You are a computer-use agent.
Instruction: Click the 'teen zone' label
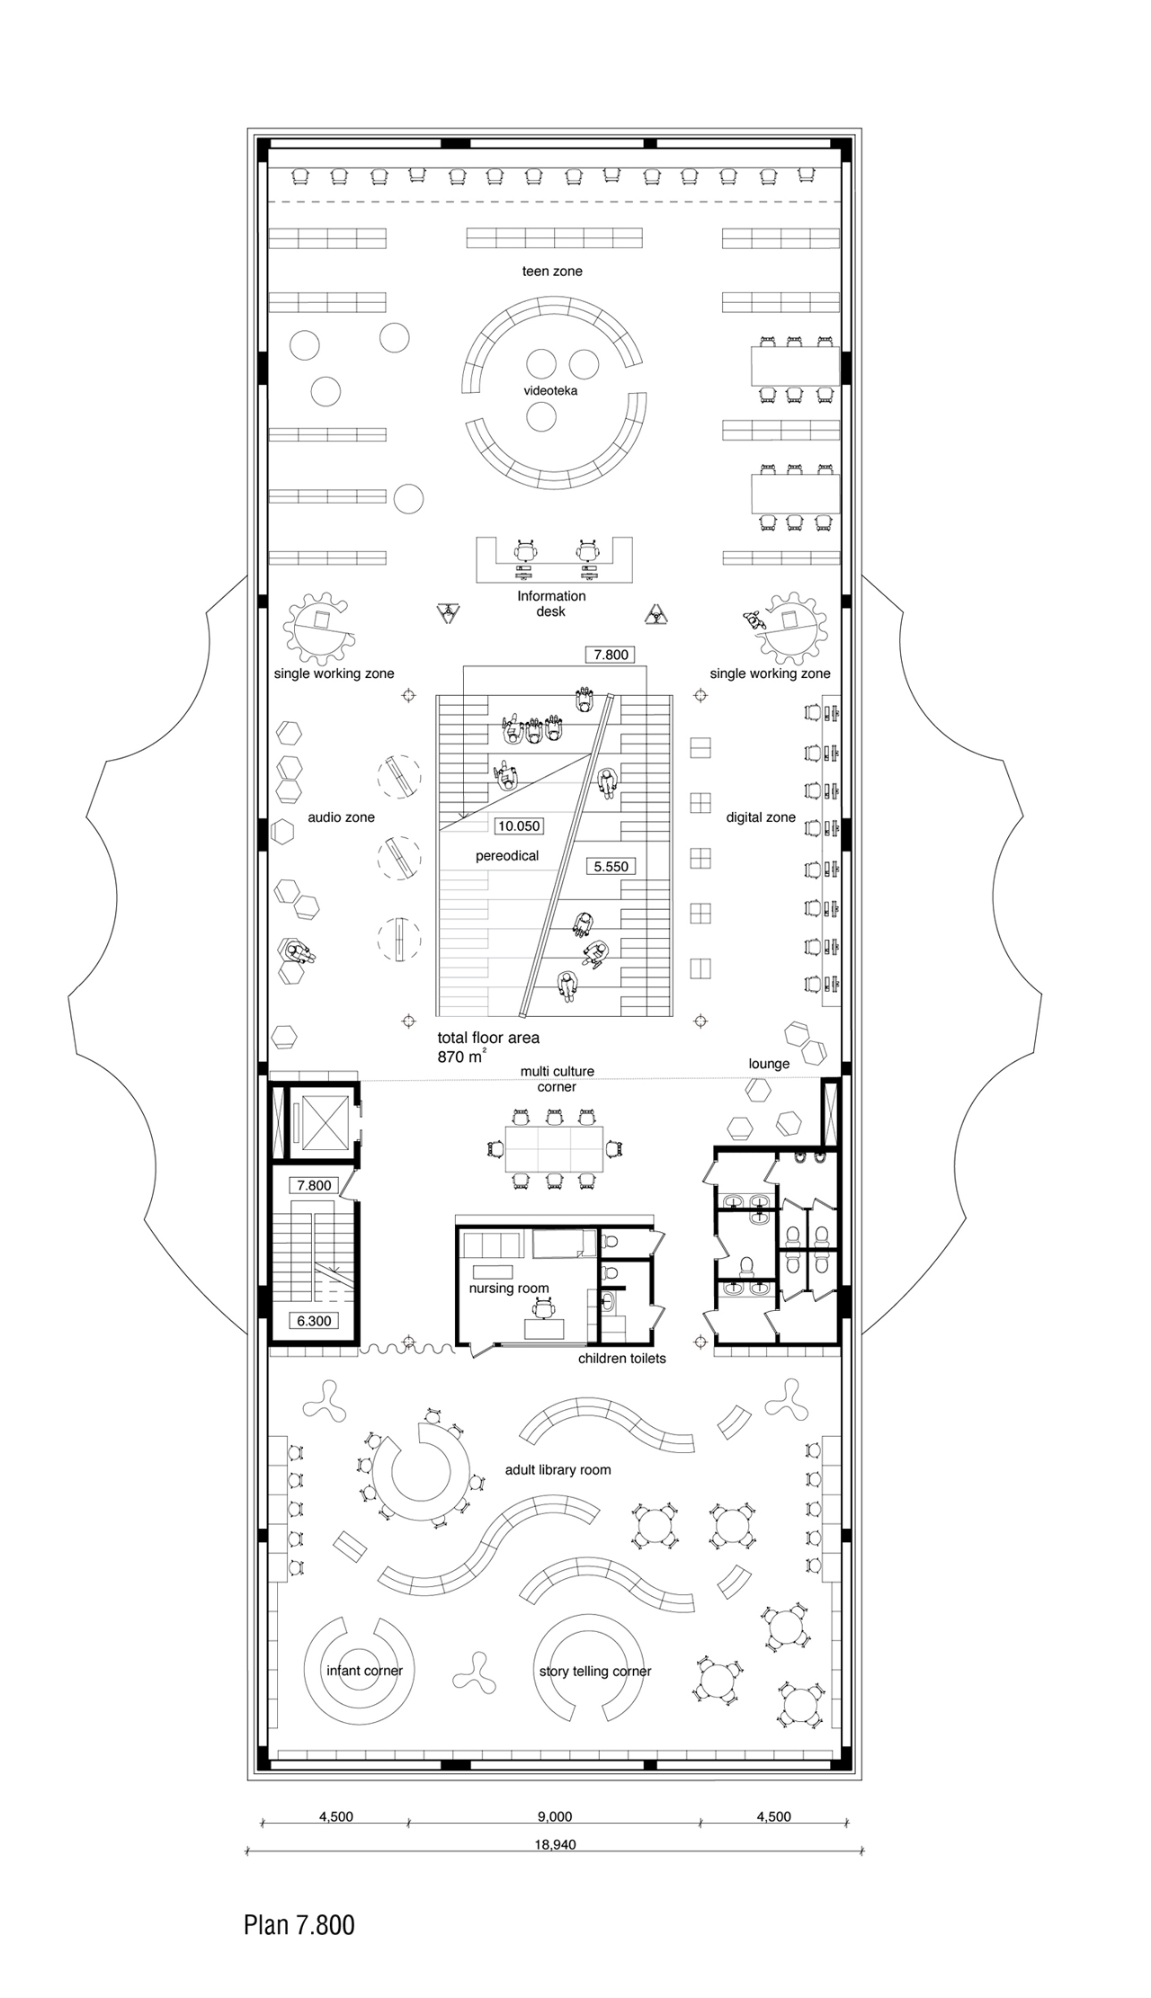(552, 271)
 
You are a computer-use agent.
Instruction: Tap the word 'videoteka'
(550, 391)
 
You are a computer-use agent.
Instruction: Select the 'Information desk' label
(551, 603)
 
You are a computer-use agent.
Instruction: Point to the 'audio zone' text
(341, 817)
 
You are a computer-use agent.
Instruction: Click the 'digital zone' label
(761, 817)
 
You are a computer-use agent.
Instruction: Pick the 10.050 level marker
(519, 825)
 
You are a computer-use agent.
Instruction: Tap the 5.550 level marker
(611, 867)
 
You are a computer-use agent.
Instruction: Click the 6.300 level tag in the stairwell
(314, 1321)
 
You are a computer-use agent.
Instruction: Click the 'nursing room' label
(509, 1289)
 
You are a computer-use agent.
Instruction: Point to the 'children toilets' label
(622, 1358)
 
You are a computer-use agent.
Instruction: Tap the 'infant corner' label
(364, 1671)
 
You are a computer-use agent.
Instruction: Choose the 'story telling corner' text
(595, 1672)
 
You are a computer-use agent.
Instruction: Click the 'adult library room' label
(558, 1470)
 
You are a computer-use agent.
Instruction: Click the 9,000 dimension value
(554, 1816)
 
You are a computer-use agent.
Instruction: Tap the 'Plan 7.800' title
(299, 1925)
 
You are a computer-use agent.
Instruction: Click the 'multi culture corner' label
(558, 1079)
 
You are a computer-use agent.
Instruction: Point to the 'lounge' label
(769, 1064)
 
